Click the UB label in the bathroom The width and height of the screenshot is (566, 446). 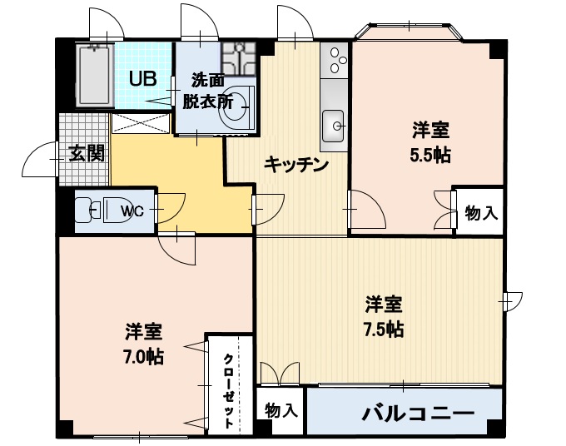coord(141,79)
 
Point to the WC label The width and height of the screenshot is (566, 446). coord(132,211)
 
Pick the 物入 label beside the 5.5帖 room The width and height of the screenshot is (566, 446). coord(481,213)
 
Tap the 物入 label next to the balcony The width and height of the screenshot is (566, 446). coord(281,410)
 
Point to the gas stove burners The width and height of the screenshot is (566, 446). coord(335,59)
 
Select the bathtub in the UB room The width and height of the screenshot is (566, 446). coord(94,75)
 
